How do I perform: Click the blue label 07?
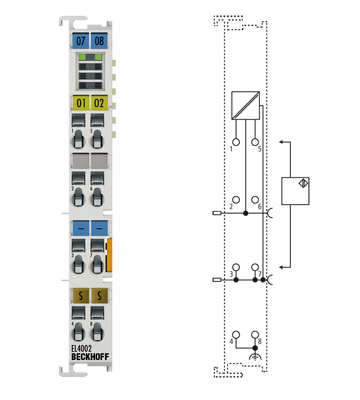click(81, 41)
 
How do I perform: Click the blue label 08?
click(99, 41)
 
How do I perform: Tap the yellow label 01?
click(81, 103)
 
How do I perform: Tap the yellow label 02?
click(99, 103)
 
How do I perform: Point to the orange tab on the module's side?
click(111, 254)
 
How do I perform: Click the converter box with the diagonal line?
click(245, 105)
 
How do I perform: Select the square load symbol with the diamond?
click(297, 190)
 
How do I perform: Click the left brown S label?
click(81, 296)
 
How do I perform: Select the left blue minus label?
click(81, 228)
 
